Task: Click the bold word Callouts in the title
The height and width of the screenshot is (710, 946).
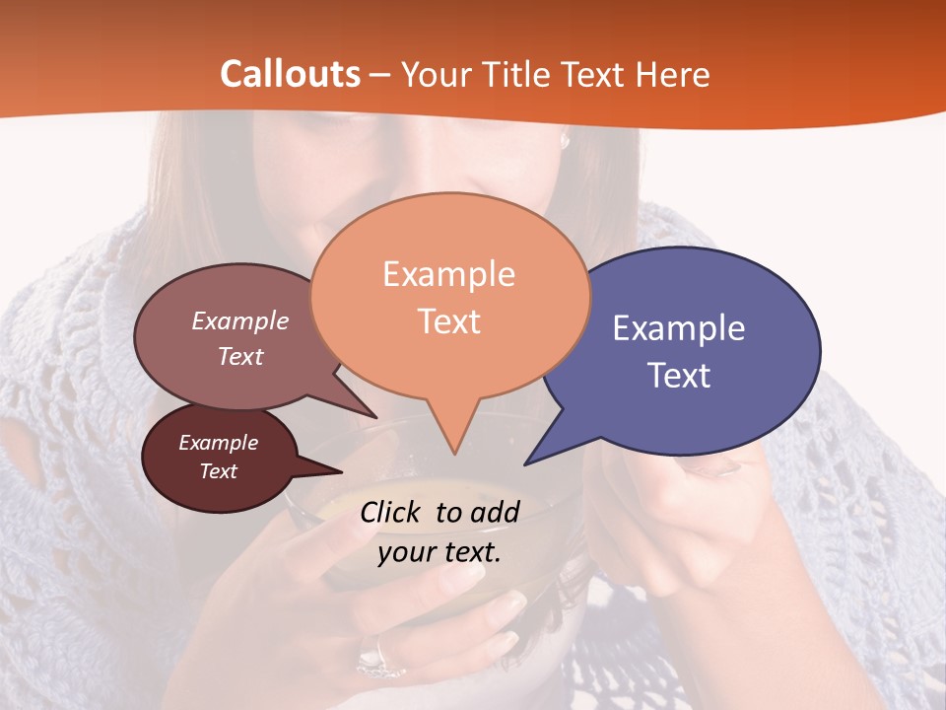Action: (290, 74)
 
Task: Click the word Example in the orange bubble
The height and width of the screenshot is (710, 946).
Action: (448, 274)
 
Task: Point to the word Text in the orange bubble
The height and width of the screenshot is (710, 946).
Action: (449, 321)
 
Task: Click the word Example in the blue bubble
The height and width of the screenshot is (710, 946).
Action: (679, 328)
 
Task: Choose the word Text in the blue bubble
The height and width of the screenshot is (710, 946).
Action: (680, 376)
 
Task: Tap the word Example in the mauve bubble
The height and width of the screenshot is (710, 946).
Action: (240, 321)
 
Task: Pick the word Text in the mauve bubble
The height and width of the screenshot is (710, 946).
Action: (240, 356)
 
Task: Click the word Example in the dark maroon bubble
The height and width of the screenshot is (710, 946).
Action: (219, 443)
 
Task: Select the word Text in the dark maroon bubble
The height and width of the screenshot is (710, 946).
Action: (219, 471)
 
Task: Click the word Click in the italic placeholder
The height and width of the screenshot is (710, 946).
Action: (392, 512)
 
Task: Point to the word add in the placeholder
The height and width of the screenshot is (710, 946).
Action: (496, 512)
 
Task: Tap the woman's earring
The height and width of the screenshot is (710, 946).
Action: (566, 141)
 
